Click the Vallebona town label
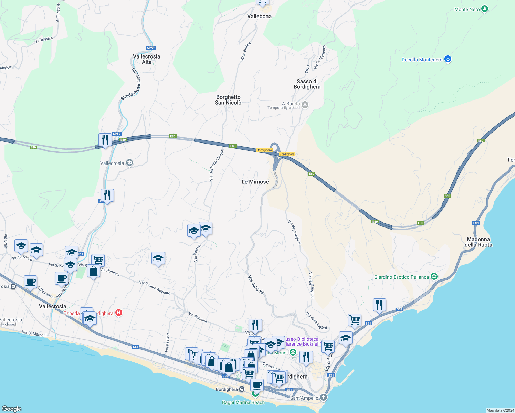tap(259, 16)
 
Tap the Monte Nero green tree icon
tap(485, 9)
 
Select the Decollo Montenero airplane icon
tap(448, 59)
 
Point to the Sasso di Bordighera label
tap(307, 84)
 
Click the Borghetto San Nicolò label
tap(228, 100)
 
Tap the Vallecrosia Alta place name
tap(147, 59)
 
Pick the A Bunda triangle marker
tap(305, 104)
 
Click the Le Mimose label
tap(255, 182)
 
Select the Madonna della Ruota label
tap(479, 242)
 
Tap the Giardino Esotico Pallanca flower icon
tap(434, 277)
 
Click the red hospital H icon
tap(119, 313)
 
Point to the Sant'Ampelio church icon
tap(323, 398)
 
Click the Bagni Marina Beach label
tap(243, 402)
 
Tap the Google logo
tap(12, 409)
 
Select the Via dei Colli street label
tap(256, 285)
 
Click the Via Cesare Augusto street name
tap(155, 287)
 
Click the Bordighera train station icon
tap(242, 389)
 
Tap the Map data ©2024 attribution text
tap(500, 410)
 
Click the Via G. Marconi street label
tap(34, 333)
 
